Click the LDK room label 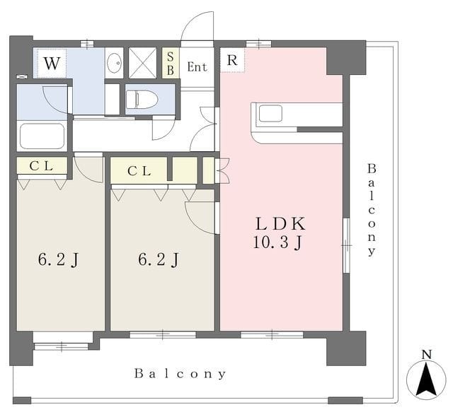(x=280, y=224)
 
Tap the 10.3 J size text (x=277, y=242)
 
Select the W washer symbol (x=52, y=63)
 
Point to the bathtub (x=42, y=136)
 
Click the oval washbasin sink (x=114, y=62)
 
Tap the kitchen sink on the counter (x=270, y=113)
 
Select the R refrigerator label (x=232, y=60)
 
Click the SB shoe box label (x=171, y=64)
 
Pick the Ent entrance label (x=197, y=67)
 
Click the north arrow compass (x=426, y=379)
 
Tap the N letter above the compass (x=426, y=355)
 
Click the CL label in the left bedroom (x=41, y=166)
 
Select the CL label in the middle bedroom (x=139, y=171)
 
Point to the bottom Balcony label (x=180, y=374)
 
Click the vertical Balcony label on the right (x=372, y=210)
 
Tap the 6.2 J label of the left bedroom (x=58, y=259)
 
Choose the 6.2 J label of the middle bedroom (x=159, y=259)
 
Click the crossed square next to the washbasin (x=142, y=63)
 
